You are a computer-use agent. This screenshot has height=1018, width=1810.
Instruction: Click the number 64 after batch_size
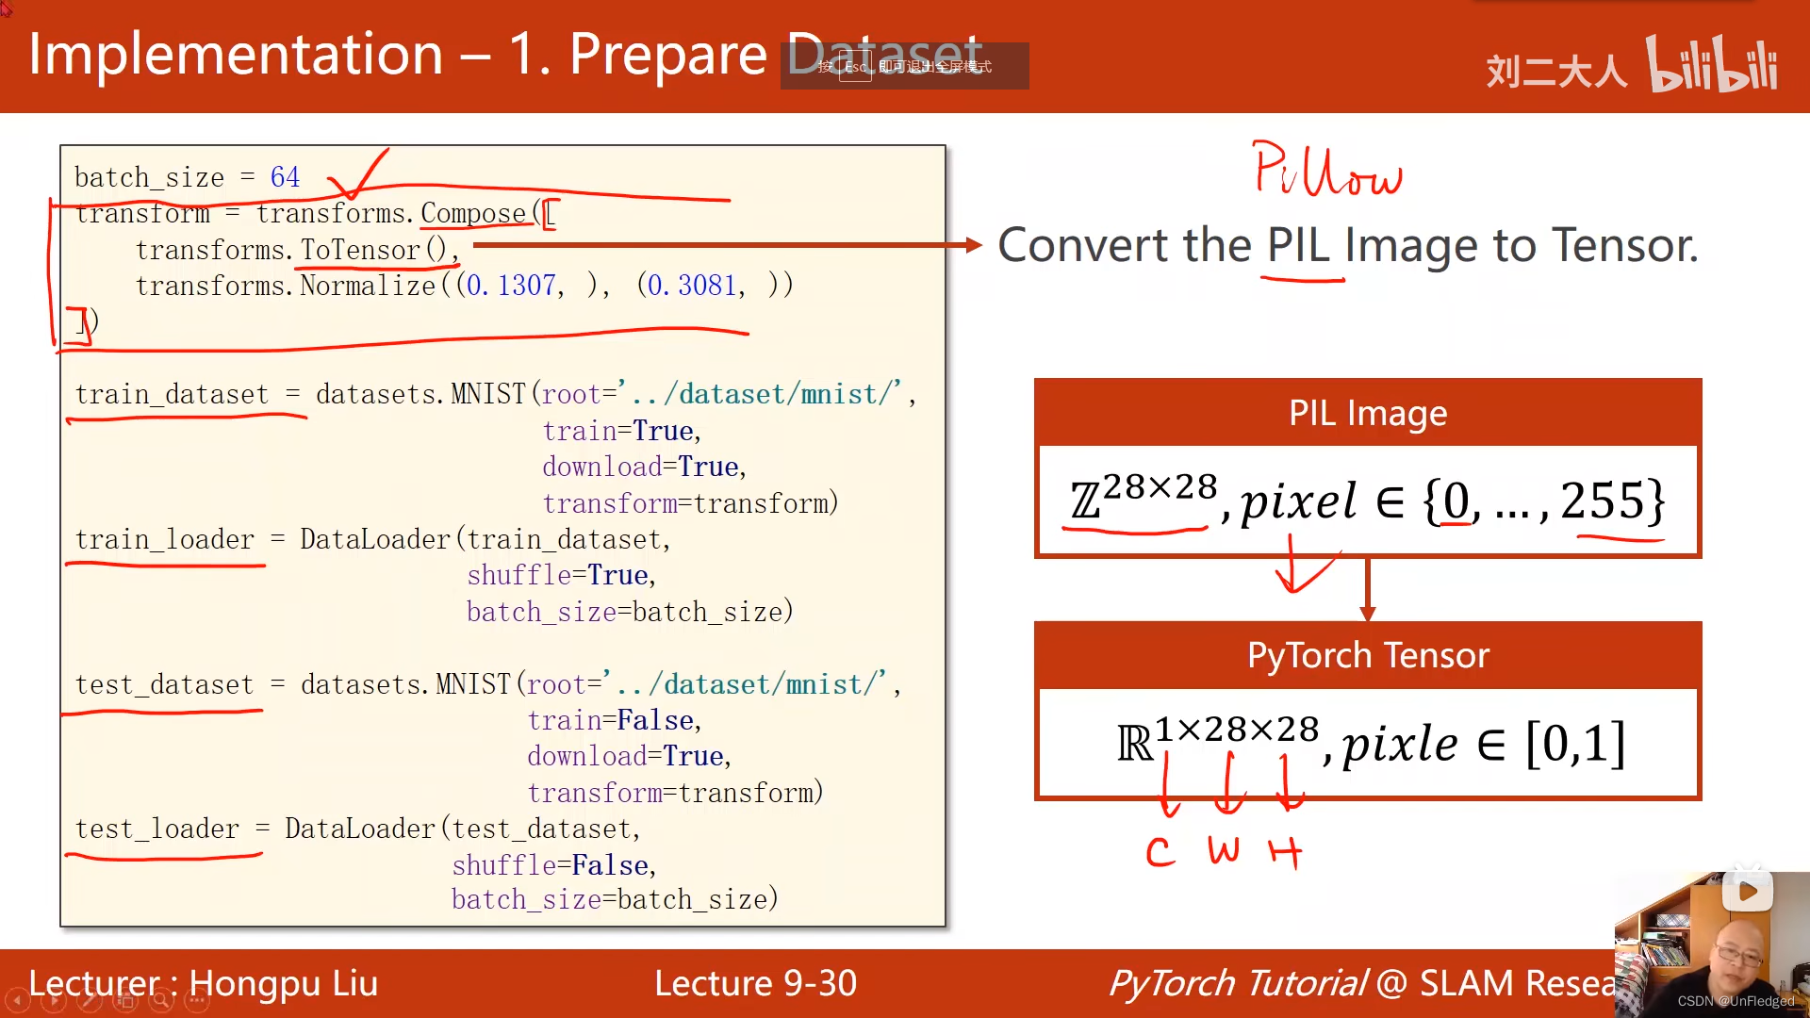pos(285,177)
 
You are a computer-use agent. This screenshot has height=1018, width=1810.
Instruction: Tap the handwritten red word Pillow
pos(1327,172)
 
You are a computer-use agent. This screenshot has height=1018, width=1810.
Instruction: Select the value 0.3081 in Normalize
pos(691,285)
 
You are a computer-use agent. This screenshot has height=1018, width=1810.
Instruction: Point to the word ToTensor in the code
pos(360,250)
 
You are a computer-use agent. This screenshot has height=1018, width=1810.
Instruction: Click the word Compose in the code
pos(472,213)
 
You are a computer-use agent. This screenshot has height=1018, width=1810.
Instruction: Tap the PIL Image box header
pos(1367,413)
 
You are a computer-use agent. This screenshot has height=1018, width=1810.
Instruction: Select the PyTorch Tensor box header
pos(1367,655)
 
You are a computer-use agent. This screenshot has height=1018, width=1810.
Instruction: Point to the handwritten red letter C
pos(1160,853)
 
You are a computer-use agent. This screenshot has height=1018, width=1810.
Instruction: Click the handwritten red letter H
pos(1285,853)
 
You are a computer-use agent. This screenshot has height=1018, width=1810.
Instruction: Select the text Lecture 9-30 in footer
pos(755,983)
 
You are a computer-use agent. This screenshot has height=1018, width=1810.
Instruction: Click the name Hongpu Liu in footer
pos(283,983)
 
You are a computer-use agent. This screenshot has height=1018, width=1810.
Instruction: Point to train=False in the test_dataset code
pos(614,720)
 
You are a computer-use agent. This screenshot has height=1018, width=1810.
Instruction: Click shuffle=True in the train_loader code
pos(560,575)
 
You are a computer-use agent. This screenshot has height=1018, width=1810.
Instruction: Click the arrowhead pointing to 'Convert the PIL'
pos(974,245)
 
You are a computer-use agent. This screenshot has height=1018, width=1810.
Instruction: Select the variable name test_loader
pos(157,829)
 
